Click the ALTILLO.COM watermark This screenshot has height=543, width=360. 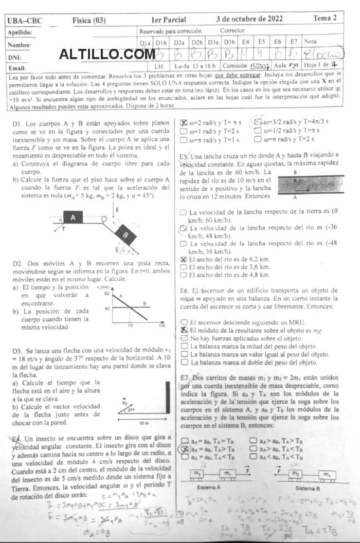click(x=107, y=54)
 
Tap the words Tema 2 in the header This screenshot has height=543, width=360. click(x=325, y=19)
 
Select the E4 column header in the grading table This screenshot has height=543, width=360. click(x=246, y=41)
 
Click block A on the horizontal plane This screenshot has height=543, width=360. click(x=73, y=218)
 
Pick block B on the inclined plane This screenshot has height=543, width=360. click(x=125, y=236)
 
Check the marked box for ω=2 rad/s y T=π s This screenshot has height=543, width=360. click(x=184, y=122)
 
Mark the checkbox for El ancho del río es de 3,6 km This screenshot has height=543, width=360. click(x=184, y=267)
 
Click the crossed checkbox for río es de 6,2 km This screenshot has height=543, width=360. click(x=184, y=259)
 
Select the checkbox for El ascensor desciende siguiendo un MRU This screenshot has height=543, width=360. click(x=184, y=321)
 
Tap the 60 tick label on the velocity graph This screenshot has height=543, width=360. click(x=107, y=294)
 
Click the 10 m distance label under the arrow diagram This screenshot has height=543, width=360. click(x=143, y=423)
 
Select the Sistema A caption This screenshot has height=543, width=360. click(x=209, y=487)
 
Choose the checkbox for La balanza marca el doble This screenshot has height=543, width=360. click(x=184, y=362)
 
